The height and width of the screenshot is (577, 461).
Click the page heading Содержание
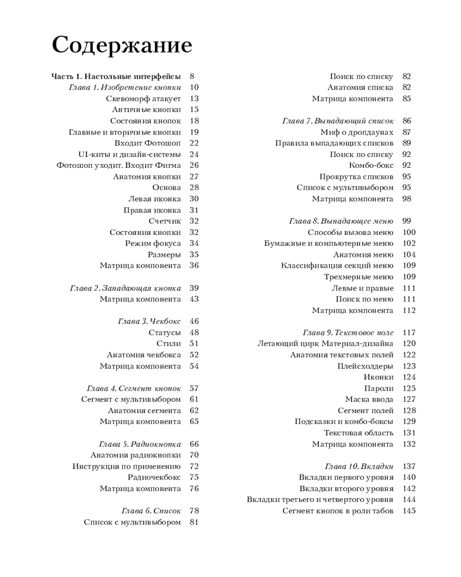tap(122, 44)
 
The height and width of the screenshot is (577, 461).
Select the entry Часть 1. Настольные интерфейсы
tap(116, 76)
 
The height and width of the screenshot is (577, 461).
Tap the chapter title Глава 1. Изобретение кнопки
tap(124, 88)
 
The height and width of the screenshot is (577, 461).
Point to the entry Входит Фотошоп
tap(148, 143)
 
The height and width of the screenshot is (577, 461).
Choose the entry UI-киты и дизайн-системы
tap(129, 154)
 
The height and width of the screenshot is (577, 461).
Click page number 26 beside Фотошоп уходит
tap(194, 166)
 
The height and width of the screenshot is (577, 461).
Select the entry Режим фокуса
tap(153, 243)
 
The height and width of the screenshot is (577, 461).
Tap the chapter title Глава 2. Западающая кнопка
tap(125, 288)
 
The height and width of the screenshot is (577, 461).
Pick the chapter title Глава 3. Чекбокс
tap(149, 321)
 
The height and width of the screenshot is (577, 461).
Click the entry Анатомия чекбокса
tap(143, 355)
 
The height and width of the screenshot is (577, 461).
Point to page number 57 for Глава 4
tap(194, 388)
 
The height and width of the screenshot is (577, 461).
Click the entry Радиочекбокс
tap(154, 477)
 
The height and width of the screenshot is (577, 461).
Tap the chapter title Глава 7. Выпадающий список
tap(338, 121)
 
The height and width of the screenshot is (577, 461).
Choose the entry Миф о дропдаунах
tap(357, 132)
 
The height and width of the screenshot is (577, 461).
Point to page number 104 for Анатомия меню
tap(409, 254)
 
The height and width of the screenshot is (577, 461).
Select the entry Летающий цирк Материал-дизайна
tap(325, 344)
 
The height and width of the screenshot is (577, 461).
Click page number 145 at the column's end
tap(409, 511)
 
